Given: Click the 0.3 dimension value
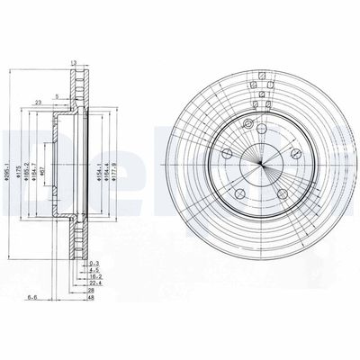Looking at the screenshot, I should (x=94, y=261).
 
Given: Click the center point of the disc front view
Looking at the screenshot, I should (x=262, y=163).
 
